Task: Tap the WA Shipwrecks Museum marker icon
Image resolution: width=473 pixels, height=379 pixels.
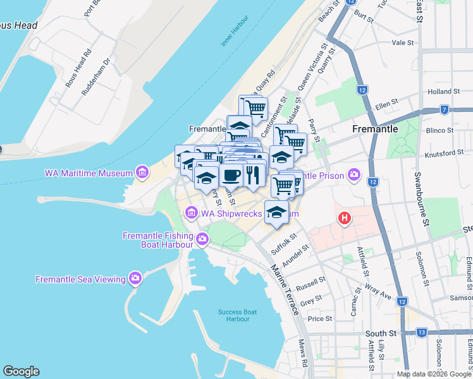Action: (x=192, y=214)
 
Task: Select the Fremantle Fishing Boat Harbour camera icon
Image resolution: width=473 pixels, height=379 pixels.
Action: (x=202, y=238)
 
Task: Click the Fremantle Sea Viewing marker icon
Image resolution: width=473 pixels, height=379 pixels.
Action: (x=135, y=278)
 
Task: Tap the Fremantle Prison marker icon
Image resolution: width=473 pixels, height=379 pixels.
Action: (x=353, y=174)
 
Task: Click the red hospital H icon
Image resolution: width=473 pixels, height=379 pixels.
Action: (x=344, y=219)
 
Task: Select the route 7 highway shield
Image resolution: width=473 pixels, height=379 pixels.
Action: (x=445, y=109)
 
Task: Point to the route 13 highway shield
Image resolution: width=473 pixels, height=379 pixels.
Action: (x=422, y=332)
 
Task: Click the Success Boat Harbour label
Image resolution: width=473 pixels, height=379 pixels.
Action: (x=237, y=315)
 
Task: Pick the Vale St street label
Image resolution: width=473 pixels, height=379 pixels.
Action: (x=402, y=43)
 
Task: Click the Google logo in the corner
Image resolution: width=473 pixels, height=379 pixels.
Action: (x=21, y=371)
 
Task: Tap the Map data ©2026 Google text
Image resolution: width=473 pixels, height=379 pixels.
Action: (x=434, y=374)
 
